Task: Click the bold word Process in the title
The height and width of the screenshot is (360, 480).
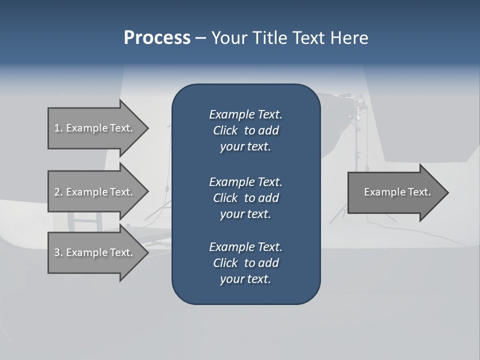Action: click(157, 38)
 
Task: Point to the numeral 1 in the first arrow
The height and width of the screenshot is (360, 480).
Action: click(57, 128)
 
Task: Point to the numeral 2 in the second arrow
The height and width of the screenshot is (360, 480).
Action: click(57, 192)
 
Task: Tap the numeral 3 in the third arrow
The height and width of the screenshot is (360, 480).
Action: click(57, 252)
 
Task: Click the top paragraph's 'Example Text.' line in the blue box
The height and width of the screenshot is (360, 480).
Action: click(245, 114)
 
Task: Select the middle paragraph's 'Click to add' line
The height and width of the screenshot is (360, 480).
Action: click(245, 198)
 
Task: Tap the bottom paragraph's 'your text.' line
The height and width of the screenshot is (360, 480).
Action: click(245, 279)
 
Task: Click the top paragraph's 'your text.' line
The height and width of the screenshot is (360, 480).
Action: click(245, 146)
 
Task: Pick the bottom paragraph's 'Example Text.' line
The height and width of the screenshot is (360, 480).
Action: click(245, 247)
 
